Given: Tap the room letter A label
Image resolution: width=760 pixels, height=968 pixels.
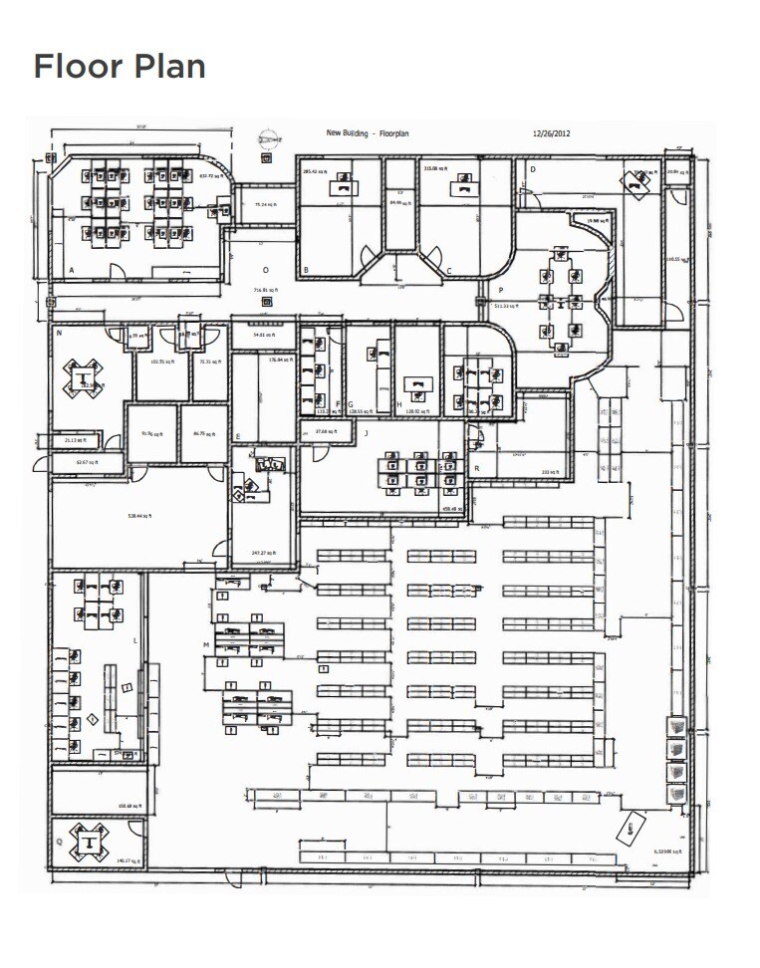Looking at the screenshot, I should coord(71,270).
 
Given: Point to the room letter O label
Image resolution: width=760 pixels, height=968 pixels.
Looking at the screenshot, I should coord(265,270).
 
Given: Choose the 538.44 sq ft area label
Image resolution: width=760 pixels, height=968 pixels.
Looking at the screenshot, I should coord(137,516).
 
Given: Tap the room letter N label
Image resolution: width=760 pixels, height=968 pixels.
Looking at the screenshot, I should coord(60,334).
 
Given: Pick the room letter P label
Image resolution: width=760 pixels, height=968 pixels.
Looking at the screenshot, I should coord(500,289).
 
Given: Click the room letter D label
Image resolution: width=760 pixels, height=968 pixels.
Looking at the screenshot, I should coord(533,169).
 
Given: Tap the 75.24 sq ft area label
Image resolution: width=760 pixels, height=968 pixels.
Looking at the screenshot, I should coord(264,205).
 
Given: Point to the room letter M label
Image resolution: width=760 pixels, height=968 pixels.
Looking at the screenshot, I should coord(206,645).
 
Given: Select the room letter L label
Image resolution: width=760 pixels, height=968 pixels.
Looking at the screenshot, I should coord(135,641).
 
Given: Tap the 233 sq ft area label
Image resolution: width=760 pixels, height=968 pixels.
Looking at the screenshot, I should coord(549,471).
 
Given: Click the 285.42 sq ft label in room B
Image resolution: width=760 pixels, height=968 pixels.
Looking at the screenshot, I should coord(316,171).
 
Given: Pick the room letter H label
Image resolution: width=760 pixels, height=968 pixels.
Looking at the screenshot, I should coord(399,404).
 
